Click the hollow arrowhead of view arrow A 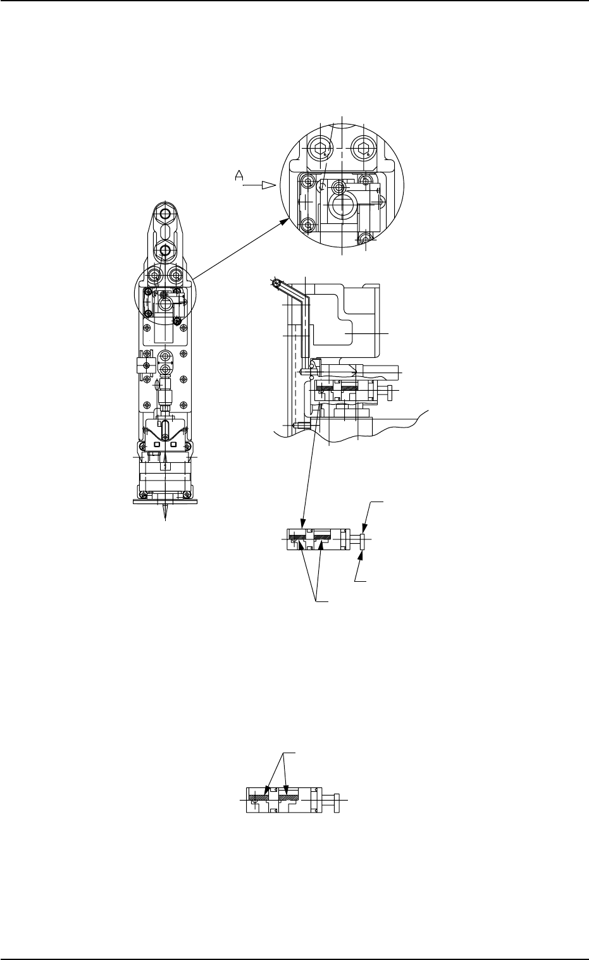[269, 185]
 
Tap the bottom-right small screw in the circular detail [365, 238]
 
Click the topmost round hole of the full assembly [164, 214]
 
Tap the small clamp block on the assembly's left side [142, 366]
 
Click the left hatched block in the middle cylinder [295, 538]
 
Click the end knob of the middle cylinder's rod [362, 539]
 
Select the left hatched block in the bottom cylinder [258, 799]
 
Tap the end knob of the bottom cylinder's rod [338, 799]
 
